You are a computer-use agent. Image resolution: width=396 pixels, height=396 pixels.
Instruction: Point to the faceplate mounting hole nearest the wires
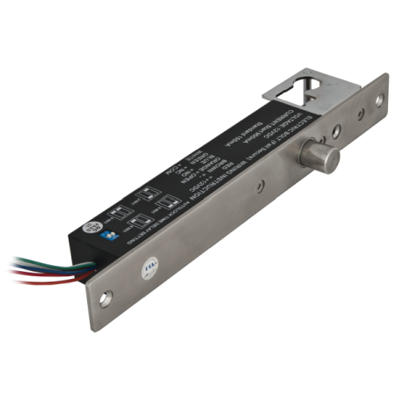(x=106, y=299)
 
